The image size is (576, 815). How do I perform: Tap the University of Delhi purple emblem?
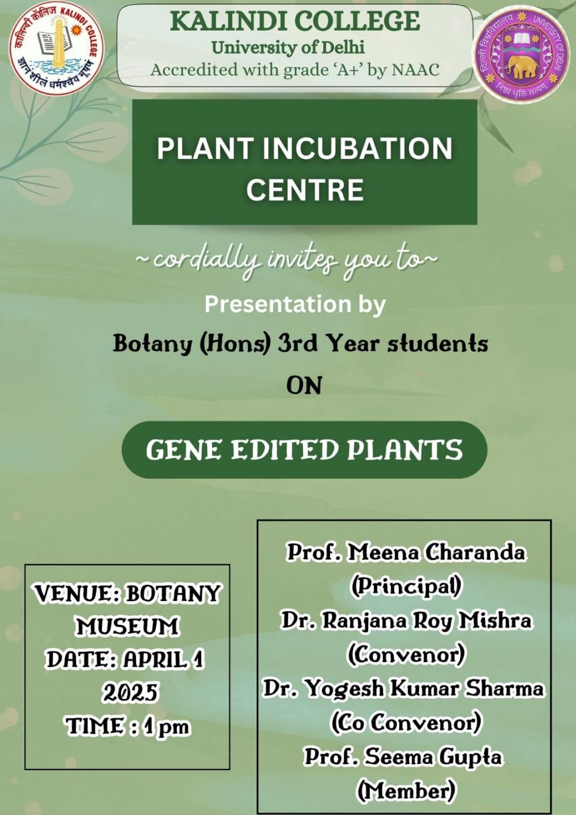click(522, 53)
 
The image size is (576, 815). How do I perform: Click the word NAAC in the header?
click(415, 70)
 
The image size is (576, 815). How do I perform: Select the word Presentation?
click(278, 304)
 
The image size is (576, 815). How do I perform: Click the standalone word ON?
click(304, 386)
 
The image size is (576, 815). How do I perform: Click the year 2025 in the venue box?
click(130, 693)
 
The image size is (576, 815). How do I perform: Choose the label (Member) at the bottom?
click(406, 792)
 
